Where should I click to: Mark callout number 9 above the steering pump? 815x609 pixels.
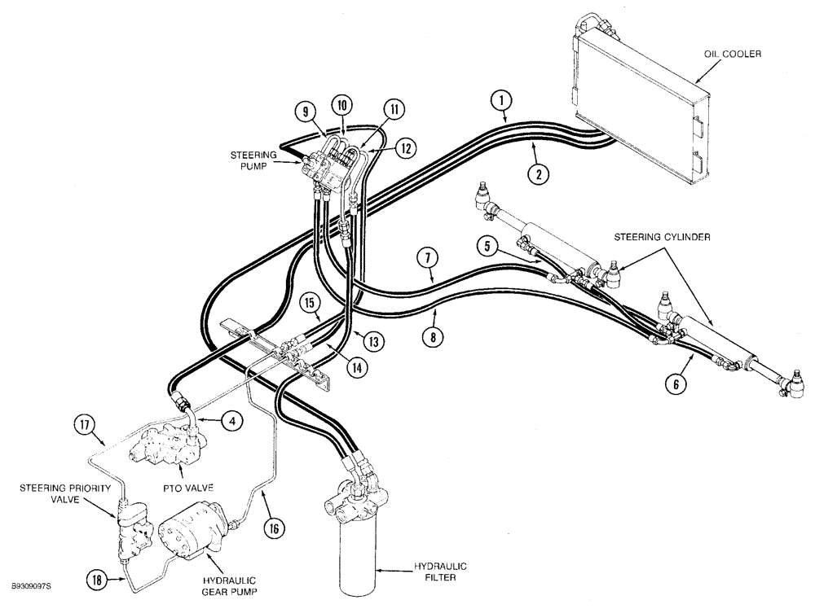pos(302,112)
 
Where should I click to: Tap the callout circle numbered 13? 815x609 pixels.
pos(372,342)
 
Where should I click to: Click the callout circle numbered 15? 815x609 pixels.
pos(309,304)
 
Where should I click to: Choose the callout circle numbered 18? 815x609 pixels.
pos(99,578)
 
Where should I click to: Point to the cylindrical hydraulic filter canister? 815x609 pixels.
pos(356,562)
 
